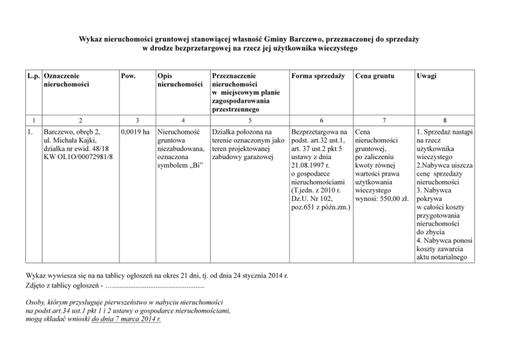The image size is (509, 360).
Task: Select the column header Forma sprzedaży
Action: [x=318, y=76]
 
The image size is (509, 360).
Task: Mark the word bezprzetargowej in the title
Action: [x=205, y=48]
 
